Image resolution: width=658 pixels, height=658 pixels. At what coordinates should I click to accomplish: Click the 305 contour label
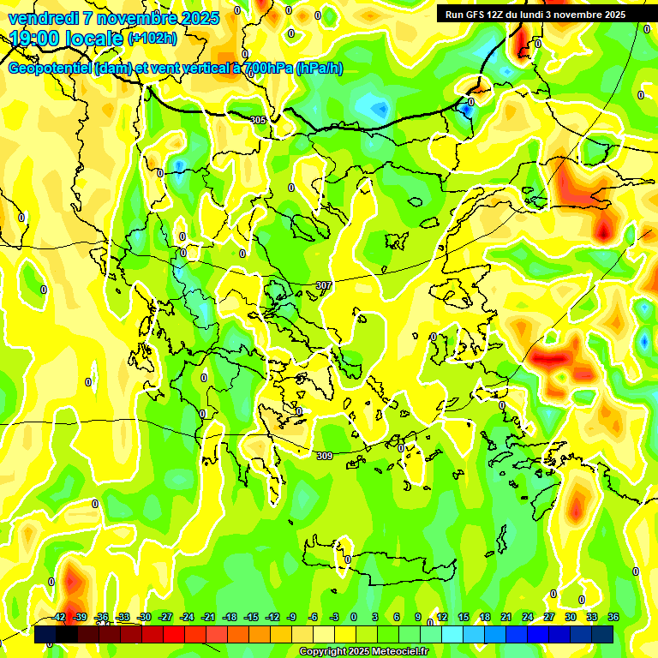258,120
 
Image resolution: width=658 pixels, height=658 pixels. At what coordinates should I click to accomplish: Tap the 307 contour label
323,285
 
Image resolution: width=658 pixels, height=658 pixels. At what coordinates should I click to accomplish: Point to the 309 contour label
325,456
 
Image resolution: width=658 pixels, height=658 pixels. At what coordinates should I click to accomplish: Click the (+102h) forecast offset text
153,38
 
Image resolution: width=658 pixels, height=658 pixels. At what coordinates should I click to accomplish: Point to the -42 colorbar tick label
59,617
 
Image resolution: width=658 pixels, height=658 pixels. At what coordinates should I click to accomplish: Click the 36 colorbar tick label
613,617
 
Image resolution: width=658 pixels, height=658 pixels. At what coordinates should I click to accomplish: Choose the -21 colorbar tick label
208,617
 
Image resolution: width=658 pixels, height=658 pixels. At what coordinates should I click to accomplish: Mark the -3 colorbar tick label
335,617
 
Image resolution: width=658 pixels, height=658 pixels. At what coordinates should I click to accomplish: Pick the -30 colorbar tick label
145,617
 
